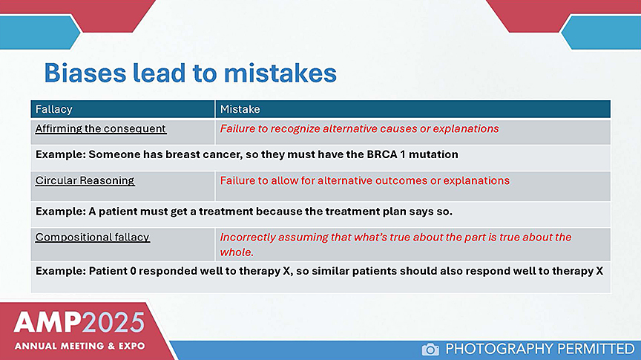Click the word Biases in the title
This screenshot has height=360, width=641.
pyautogui.click(x=85, y=73)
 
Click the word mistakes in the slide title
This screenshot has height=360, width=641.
pyautogui.click(x=280, y=73)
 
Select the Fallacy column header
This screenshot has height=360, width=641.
pyautogui.click(x=122, y=109)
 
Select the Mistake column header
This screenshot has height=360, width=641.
pyautogui.click(x=413, y=109)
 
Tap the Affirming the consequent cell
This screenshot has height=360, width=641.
pyautogui.click(x=122, y=131)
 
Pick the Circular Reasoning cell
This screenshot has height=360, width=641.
pyautogui.click(x=122, y=186)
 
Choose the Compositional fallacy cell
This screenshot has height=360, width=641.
pyautogui.click(x=122, y=244)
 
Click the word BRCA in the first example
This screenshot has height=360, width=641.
pyautogui.click(x=382, y=154)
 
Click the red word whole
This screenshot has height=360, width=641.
pyautogui.click(x=237, y=252)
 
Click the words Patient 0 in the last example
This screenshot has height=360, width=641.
pyautogui.click(x=113, y=271)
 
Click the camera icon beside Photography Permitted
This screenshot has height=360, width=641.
pyautogui.click(x=430, y=350)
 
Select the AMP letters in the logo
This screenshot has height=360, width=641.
pyautogui.click(x=47, y=322)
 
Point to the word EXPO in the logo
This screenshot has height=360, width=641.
pyautogui.click(x=131, y=346)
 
